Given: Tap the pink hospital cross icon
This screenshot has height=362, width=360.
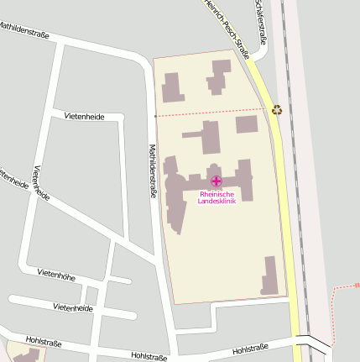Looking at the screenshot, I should click(217, 181).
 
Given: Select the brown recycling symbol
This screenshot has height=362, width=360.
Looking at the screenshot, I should click(277, 108).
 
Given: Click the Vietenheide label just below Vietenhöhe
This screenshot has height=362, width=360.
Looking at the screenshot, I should click(73, 308).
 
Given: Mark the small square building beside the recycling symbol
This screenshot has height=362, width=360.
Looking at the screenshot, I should click(247, 125).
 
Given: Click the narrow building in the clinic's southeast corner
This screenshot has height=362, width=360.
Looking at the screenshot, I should click(269, 275).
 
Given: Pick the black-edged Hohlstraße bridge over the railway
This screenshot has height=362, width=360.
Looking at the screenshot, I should click(313, 344).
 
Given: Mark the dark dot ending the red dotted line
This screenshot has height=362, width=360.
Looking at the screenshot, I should click(156, 116).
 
